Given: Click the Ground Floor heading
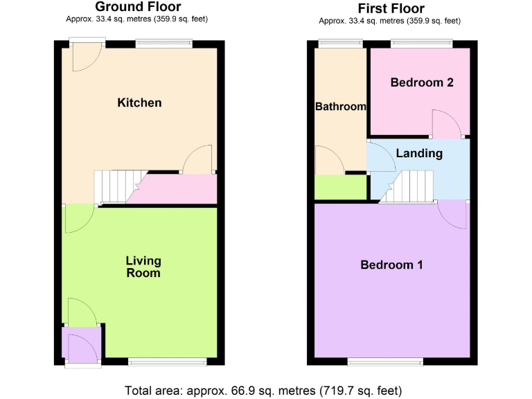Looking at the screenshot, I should (137, 7).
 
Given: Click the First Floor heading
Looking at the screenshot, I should (391, 8).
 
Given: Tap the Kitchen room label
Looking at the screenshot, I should (139, 103).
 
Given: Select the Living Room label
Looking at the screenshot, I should (143, 267).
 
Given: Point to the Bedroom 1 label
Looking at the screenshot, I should (391, 265).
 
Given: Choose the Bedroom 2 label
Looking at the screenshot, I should (421, 82).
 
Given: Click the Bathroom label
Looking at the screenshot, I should (340, 107).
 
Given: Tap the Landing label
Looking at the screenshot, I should (419, 153).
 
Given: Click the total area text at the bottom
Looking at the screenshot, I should (263, 390).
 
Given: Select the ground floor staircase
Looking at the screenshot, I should (114, 186).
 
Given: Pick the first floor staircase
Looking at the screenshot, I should (409, 188).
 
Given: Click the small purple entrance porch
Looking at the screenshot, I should (82, 344).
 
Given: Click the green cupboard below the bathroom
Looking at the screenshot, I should (340, 187).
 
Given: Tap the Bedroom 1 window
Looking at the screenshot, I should (385, 361).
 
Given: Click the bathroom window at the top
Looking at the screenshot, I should (340, 44).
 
